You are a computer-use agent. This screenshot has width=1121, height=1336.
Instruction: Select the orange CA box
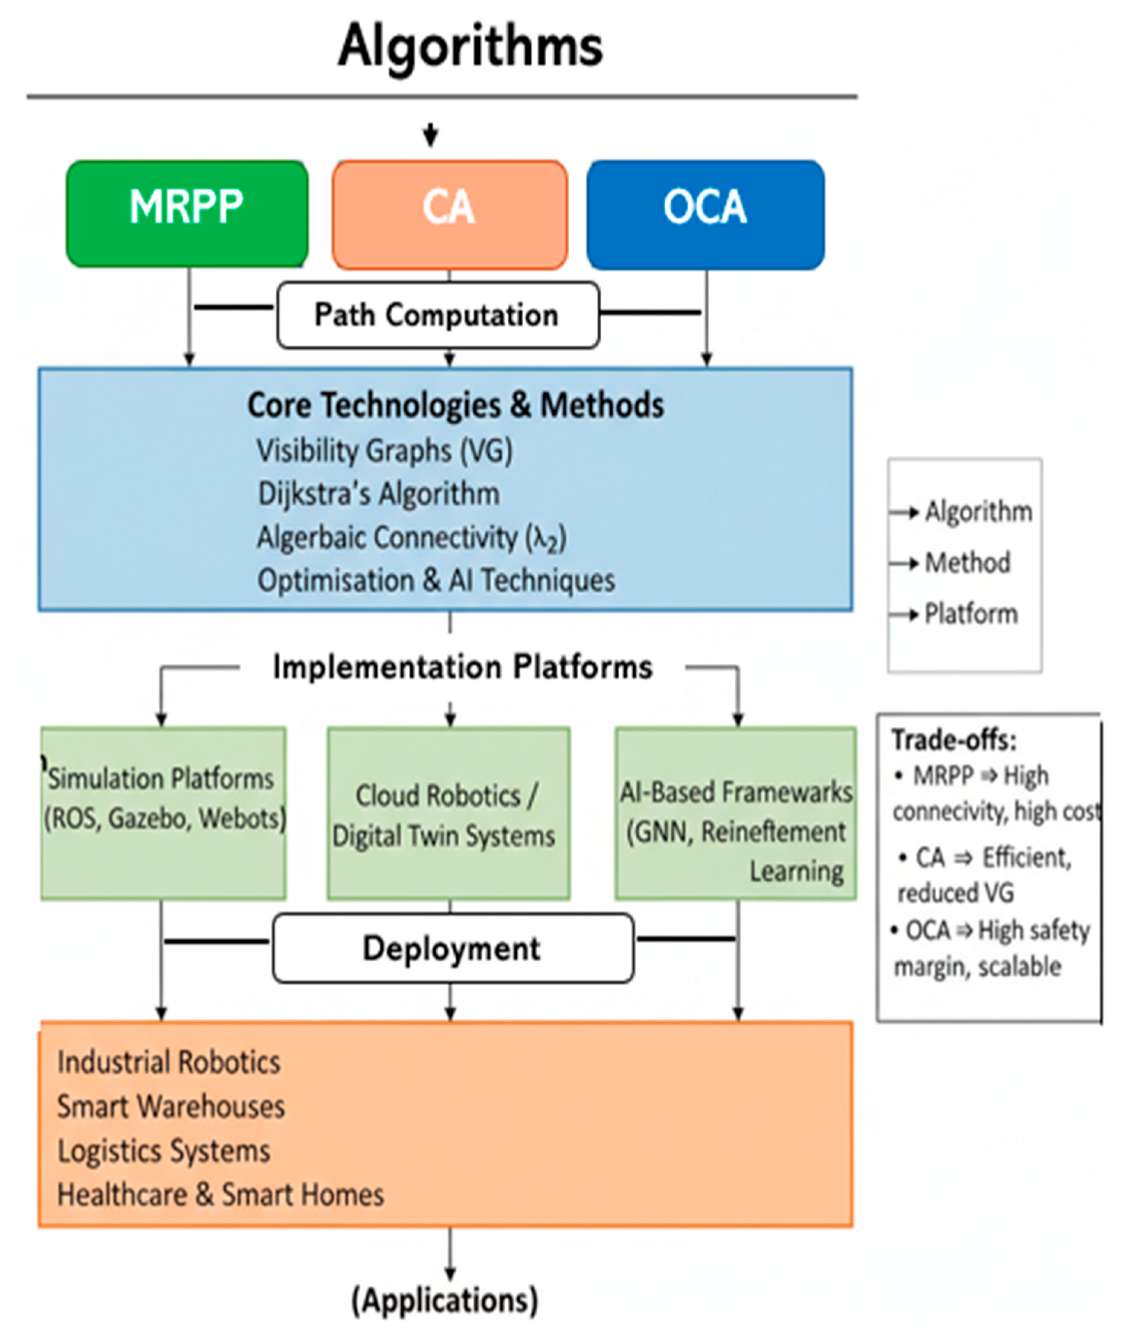[449, 214]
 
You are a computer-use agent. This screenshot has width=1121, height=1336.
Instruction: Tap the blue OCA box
[705, 214]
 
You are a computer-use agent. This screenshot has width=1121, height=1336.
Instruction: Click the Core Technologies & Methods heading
[456, 405]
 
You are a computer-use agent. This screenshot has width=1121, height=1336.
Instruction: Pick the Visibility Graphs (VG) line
[384, 450]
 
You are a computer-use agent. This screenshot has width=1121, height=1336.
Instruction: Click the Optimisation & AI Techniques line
[436, 580]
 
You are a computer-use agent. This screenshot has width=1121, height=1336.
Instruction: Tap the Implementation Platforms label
[463, 667]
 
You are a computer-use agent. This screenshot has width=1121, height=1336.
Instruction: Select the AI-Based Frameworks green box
[735, 813]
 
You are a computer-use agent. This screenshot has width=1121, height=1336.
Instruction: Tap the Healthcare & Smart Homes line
[220, 1194]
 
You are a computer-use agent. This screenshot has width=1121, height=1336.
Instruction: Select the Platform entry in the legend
[970, 614]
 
